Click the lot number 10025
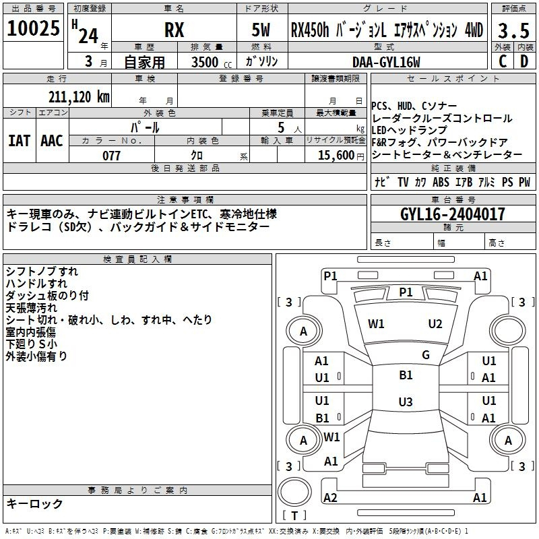(x=33, y=28)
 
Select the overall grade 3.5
(x=513, y=30)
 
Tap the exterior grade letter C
(x=503, y=61)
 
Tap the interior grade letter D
(x=524, y=61)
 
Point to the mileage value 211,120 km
(x=79, y=97)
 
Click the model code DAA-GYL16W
(x=386, y=62)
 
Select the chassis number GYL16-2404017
(x=453, y=214)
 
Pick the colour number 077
(x=111, y=156)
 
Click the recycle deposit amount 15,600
(x=336, y=156)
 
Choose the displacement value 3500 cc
(x=212, y=62)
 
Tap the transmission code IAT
(x=19, y=141)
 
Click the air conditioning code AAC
(x=52, y=141)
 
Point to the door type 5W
(x=261, y=30)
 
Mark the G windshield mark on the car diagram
(x=426, y=355)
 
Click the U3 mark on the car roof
(x=406, y=402)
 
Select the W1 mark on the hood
(x=376, y=324)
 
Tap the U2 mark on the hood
(x=435, y=324)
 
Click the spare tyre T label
(x=294, y=515)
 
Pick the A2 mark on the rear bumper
(x=330, y=497)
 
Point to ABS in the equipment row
(x=441, y=182)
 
